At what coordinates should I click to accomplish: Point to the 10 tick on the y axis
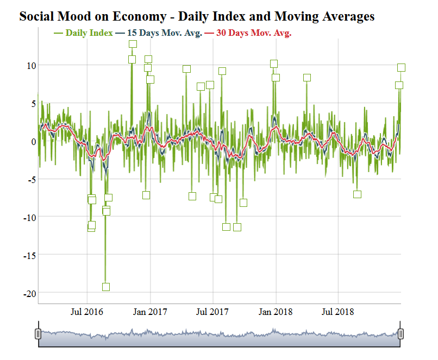(31, 65)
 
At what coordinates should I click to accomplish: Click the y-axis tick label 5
(33, 103)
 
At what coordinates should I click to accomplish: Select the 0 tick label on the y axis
(33, 141)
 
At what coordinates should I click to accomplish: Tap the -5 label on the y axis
(32, 179)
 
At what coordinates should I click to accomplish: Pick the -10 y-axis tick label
(29, 217)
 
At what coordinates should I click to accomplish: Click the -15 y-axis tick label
(29, 255)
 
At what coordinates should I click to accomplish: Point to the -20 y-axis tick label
(29, 293)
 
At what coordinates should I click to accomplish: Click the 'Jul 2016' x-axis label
(87, 312)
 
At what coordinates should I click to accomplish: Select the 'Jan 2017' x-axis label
(150, 312)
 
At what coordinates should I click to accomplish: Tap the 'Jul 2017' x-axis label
(212, 312)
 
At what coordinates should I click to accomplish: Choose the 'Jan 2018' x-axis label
(276, 312)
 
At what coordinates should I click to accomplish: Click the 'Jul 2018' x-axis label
(338, 312)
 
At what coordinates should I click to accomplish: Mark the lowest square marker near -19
(106, 287)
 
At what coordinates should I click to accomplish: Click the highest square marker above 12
(133, 44)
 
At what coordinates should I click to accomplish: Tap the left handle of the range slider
(38, 333)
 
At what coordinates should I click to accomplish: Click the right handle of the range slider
(401, 333)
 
